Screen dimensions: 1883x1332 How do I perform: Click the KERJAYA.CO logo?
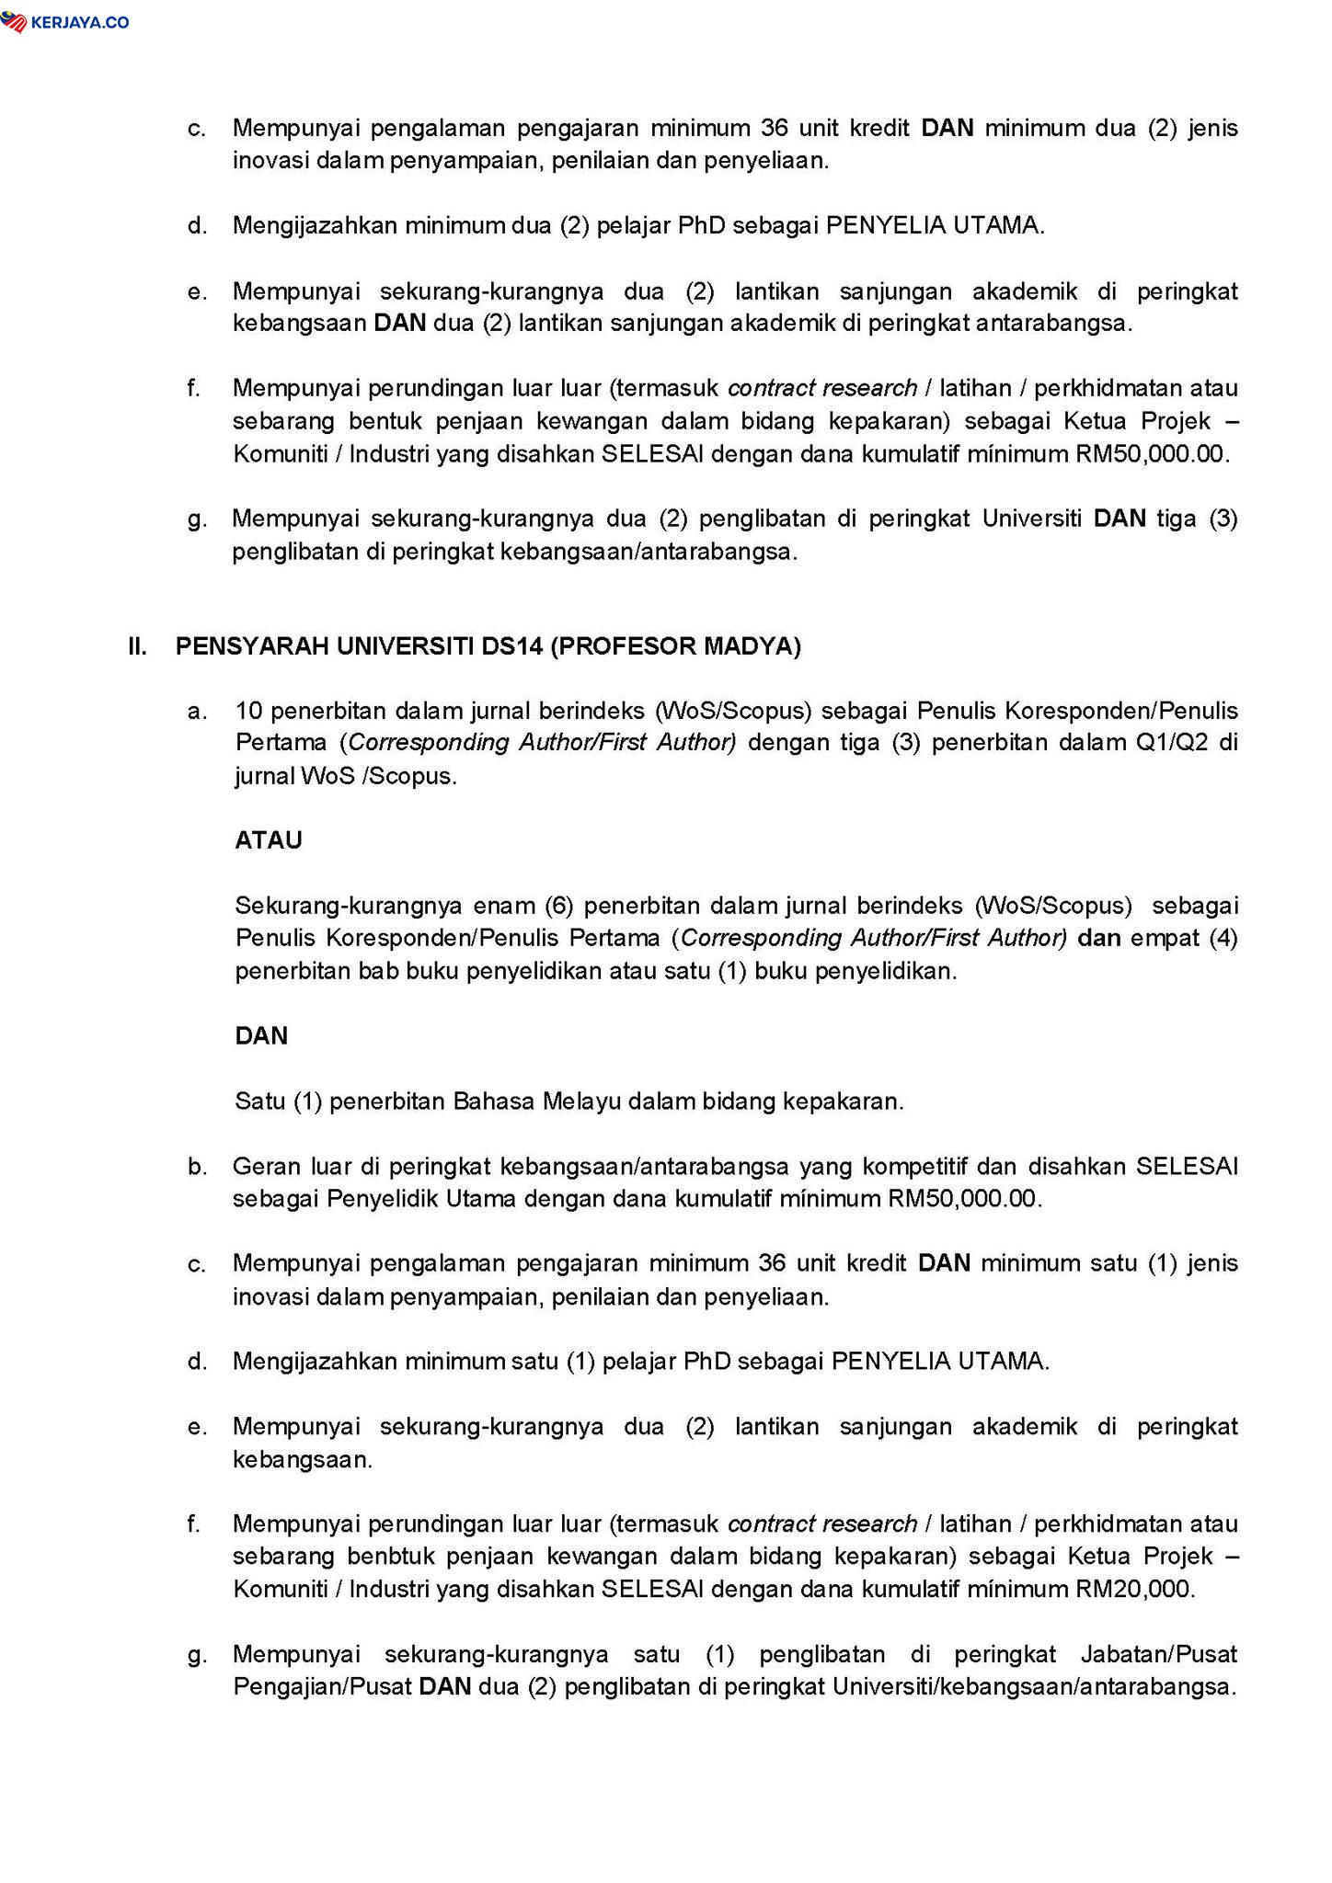[65, 21]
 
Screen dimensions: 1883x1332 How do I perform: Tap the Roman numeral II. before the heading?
[138, 646]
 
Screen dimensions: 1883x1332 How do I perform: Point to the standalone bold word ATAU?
[269, 840]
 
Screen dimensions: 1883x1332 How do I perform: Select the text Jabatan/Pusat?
[1158, 1655]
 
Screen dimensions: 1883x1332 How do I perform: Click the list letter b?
[196, 1168]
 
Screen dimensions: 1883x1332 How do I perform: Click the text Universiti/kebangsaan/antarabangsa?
[1034, 1688]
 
